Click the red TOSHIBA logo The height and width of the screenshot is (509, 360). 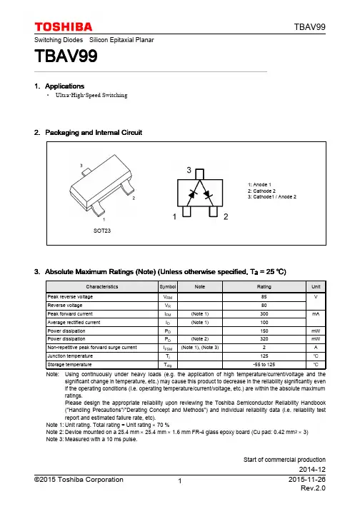tap(64, 27)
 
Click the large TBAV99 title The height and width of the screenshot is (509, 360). tap(66, 56)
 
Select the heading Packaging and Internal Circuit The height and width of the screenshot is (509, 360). tap(94, 133)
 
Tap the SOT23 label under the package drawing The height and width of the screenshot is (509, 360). tap(102, 231)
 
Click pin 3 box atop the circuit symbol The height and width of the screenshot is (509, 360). tap(200, 174)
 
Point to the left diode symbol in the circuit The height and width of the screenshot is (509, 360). tap(192, 194)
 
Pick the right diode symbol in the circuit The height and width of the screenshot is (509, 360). tap(208, 194)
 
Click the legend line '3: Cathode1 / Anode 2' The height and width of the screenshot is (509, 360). tap(272, 197)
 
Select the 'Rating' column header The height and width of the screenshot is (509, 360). tap(264, 287)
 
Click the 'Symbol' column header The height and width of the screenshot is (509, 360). tap(168, 287)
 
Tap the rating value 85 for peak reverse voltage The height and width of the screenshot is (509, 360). tap(264, 297)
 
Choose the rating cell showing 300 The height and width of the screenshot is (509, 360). tap(264, 314)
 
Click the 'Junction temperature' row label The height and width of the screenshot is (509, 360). tap(70, 356)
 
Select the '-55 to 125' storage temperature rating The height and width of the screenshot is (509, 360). tap(264, 365)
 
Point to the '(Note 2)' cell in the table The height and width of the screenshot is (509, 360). tap(200, 339)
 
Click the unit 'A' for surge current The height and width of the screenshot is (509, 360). tap(316, 348)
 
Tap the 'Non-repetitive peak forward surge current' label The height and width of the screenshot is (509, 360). tap(92, 348)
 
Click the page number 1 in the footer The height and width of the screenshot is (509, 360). tap(180, 481)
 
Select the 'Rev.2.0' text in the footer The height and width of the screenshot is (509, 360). tap(313, 488)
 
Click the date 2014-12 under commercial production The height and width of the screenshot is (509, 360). tap(312, 470)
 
